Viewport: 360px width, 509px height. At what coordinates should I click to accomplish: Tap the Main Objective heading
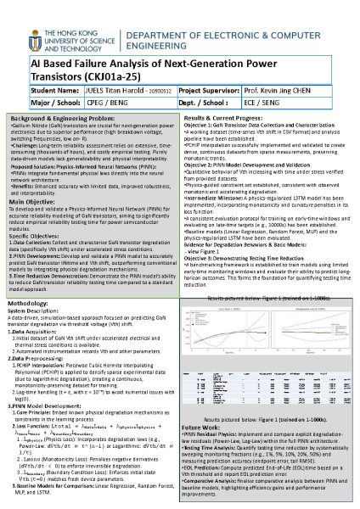coord(31,203)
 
